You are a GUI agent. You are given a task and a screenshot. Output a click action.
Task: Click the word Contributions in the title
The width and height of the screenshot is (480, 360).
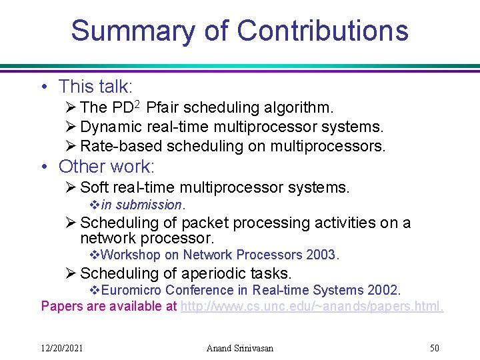click(x=323, y=31)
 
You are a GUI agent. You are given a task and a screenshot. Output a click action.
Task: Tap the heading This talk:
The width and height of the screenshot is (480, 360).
click(x=96, y=86)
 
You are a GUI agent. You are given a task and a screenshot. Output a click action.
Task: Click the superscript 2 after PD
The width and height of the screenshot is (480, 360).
click(x=136, y=104)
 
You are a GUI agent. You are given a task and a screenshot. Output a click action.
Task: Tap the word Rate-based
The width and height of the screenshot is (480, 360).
click(x=121, y=146)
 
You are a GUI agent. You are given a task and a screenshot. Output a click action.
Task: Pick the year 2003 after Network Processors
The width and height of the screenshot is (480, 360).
click(x=322, y=255)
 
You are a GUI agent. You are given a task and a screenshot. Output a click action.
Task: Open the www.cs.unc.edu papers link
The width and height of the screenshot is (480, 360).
click(x=312, y=306)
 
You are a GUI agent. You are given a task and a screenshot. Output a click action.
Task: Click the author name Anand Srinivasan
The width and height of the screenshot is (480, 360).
click(x=240, y=347)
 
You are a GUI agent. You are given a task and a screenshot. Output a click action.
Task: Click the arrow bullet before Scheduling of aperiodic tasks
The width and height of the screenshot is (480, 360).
click(x=71, y=273)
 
